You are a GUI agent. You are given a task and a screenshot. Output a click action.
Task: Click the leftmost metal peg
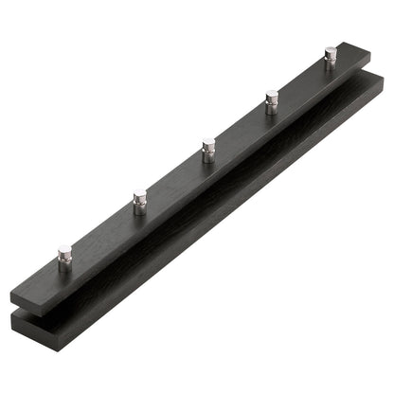click(64, 258)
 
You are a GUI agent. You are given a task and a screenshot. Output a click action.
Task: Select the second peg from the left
click(140, 202)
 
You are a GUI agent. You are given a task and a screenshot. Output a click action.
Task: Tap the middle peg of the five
click(208, 151)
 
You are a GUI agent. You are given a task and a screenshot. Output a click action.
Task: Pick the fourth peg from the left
click(272, 102)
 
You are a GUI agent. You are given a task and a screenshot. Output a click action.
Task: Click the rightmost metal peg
click(331, 57)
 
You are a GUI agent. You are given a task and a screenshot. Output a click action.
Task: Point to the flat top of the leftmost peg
click(64, 250)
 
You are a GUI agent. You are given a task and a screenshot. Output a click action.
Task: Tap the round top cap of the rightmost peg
click(331, 50)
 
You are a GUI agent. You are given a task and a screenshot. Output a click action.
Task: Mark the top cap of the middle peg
click(208, 144)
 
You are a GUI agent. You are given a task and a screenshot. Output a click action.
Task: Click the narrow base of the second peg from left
click(140, 210)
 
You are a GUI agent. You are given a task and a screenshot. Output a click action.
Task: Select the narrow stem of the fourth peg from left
click(272, 110)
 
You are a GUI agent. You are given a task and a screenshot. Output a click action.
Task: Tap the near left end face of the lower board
click(27, 325)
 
